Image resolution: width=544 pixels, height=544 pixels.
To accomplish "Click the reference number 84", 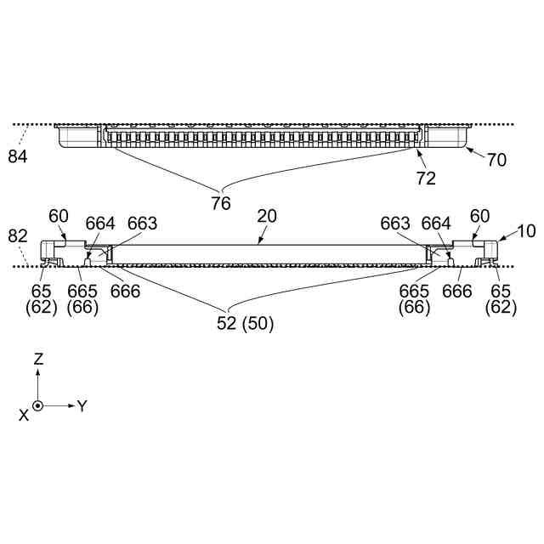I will pyautogui.click(x=18, y=156).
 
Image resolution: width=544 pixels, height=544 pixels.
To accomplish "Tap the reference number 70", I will pyautogui.click(x=496, y=159).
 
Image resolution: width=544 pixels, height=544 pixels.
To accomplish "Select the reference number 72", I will pyautogui.click(x=426, y=178).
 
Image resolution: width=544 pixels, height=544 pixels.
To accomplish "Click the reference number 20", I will pyautogui.click(x=267, y=217).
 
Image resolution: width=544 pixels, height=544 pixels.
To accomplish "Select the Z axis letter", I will pyautogui.click(x=38, y=360).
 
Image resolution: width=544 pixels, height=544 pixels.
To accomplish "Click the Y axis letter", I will pyautogui.click(x=82, y=406).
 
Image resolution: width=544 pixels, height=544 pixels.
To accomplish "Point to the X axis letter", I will pyautogui.click(x=24, y=414).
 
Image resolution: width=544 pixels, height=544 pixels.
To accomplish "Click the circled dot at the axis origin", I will pyautogui.click(x=38, y=405).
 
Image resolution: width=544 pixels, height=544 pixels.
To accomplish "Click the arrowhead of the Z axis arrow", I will pyautogui.click(x=38, y=373).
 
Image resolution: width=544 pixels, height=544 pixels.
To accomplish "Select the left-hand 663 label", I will pyautogui.click(x=143, y=223).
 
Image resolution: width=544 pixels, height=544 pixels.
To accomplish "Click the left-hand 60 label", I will pyautogui.click(x=58, y=217).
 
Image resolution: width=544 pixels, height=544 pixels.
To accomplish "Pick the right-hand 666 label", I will pyautogui.click(x=457, y=291).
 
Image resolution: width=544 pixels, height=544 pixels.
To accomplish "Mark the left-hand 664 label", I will pyautogui.click(x=100, y=223).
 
